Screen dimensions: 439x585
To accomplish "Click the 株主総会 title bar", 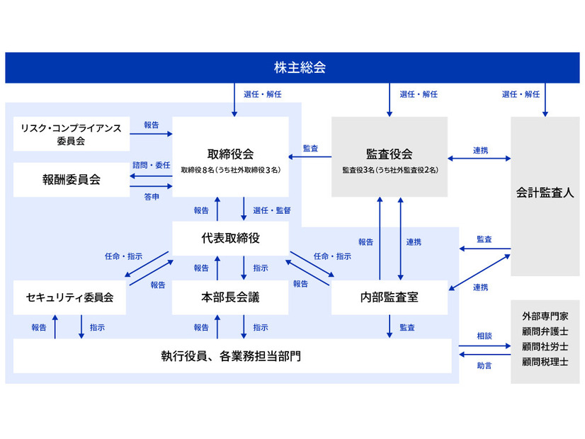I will coord(292,68).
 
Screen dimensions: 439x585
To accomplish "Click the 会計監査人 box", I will coord(545,192).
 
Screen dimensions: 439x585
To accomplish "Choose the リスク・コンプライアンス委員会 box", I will coord(71,134).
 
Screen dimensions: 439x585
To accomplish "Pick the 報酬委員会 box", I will coord(71,180).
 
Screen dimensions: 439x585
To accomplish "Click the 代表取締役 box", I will coord(230,239).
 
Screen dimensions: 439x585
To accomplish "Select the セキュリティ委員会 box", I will coord(69,297).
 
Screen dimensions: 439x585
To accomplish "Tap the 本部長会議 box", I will coord(230,297).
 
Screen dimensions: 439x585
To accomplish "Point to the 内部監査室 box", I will coord(389,297).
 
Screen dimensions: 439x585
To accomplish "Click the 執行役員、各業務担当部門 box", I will coord(232,355).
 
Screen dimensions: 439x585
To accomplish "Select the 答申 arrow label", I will coord(151,195).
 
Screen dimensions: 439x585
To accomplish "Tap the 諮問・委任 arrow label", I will coord(151,165).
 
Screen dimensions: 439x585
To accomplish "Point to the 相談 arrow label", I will coord(484,338).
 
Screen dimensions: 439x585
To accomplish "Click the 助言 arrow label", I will coord(484,365).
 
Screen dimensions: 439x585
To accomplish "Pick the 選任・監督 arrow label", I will coord(271,210).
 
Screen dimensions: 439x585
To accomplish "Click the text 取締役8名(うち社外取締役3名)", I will coord(230,170).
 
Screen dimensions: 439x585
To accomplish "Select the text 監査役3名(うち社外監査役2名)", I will coord(390,170).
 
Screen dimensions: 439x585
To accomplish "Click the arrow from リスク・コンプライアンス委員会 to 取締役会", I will coord(151,134).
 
